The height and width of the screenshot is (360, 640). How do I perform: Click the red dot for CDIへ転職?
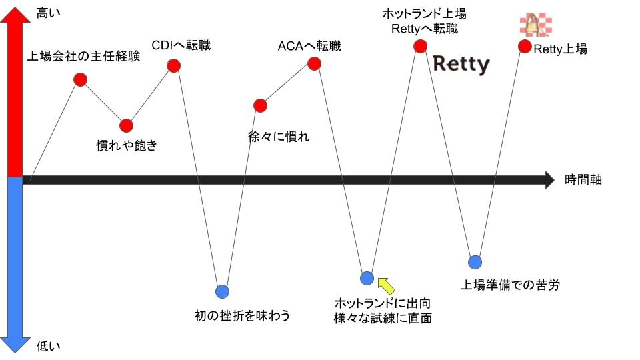pyautogui.click(x=174, y=65)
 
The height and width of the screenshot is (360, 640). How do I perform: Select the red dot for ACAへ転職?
pyautogui.click(x=314, y=63)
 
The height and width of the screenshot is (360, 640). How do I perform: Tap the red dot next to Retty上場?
pyautogui.click(x=525, y=47)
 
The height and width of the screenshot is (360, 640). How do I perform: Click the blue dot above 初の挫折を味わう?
pyautogui.click(x=222, y=291)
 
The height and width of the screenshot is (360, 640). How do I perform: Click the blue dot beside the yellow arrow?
pyautogui.click(x=367, y=278)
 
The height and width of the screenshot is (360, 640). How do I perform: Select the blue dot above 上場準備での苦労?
pyautogui.click(x=475, y=261)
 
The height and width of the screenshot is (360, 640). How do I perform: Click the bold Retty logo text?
pyautogui.click(x=461, y=65)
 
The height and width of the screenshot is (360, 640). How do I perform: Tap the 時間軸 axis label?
pyautogui.click(x=583, y=179)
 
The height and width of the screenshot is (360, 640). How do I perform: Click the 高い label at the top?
pyautogui.click(x=48, y=12)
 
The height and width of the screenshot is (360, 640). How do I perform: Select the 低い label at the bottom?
pyautogui.click(x=48, y=345)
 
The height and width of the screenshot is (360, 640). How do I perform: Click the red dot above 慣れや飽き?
pyautogui.click(x=127, y=125)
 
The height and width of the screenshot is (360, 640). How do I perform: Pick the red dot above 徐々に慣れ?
pyautogui.click(x=261, y=105)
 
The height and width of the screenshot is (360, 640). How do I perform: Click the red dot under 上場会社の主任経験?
pyautogui.click(x=81, y=79)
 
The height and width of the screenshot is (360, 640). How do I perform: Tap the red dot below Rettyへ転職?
pyautogui.click(x=420, y=46)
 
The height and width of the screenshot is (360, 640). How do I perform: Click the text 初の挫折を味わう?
pyautogui.click(x=241, y=315)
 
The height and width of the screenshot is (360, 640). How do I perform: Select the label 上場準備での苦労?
pyautogui.click(x=510, y=285)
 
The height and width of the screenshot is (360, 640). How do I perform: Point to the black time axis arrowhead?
pyautogui.click(x=549, y=180)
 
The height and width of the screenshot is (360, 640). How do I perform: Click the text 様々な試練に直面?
pyautogui.click(x=383, y=318)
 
